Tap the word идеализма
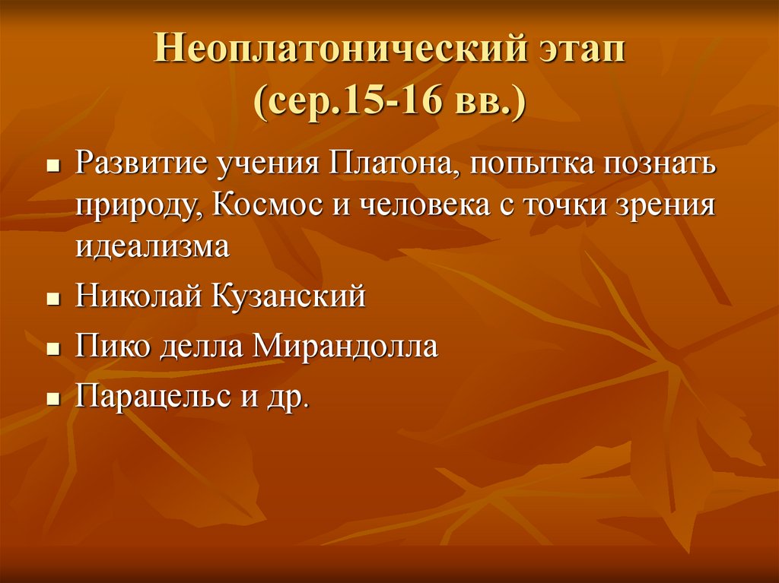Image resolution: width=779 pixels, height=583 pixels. tap(151, 247)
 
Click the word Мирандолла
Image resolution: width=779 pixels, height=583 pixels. tap(345, 346)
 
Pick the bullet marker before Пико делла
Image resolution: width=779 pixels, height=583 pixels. tap(52, 349)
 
